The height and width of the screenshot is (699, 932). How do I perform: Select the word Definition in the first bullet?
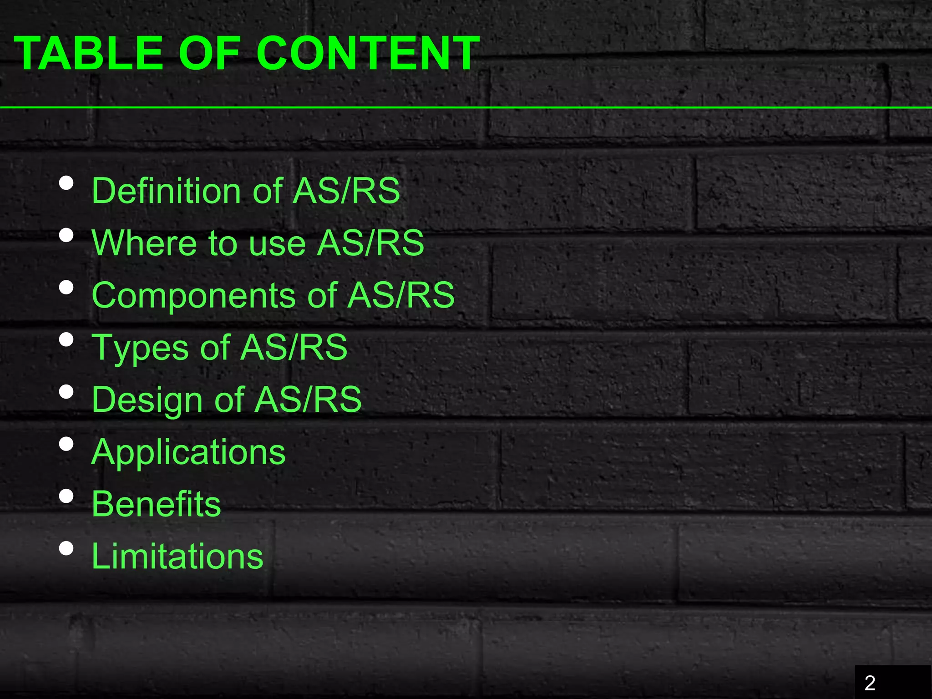click(166, 191)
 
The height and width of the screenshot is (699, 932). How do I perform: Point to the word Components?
click(194, 295)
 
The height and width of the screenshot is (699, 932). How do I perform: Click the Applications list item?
click(188, 452)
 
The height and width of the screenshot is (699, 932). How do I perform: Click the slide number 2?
click(870, 683)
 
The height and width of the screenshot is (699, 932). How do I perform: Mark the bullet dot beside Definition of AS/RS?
click(66, 183)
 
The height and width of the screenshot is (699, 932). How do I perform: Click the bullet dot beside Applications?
click(66, 444)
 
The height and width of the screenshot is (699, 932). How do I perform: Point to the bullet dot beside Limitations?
click(66, 548)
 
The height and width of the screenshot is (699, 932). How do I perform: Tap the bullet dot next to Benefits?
click(66, 496)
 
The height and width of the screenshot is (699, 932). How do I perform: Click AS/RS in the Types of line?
click(294, 348)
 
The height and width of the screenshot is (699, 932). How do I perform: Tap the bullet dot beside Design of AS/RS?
click(66, 392)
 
